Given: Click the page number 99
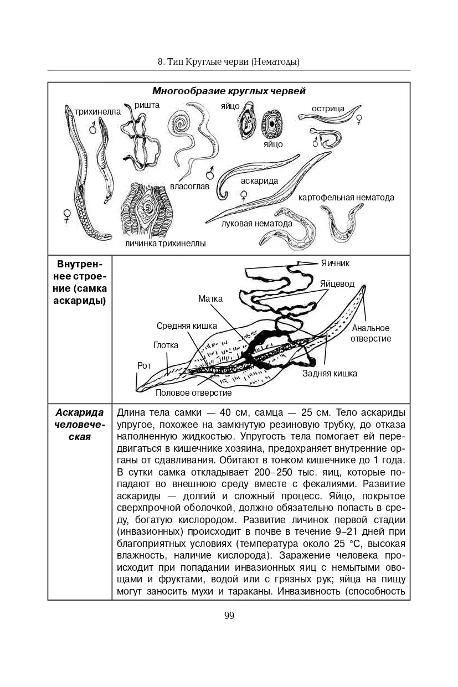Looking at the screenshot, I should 229,616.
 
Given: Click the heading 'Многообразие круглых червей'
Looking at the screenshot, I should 229,91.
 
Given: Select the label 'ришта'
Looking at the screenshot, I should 147,104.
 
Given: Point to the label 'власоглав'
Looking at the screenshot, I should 189,187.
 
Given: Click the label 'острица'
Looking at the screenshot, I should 328,109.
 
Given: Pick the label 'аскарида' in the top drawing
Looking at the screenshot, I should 259,180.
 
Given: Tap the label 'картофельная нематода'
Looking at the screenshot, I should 346,197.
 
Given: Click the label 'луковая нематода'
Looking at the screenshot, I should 256,224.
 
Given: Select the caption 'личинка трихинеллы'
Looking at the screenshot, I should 165,243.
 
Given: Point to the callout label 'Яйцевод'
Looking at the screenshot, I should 337,283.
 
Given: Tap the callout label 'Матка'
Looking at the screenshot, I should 210,299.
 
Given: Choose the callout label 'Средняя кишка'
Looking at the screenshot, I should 187,326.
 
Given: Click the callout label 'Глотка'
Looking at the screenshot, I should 166,345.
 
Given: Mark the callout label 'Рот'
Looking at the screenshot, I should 144,365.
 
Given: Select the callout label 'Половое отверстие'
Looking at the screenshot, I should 193,392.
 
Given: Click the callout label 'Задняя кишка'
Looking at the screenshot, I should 330,373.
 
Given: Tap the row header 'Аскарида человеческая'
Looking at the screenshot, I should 80,425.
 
